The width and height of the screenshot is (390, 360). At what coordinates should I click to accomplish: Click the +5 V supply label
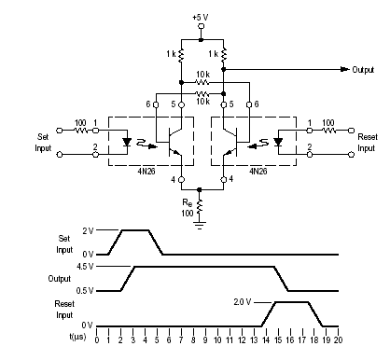[201, 17]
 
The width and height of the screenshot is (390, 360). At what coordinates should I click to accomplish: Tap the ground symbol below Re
[200, 225]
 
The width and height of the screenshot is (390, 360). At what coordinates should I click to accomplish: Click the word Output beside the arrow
[363, 70]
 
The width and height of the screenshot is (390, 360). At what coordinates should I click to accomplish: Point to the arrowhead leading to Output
[344, 69]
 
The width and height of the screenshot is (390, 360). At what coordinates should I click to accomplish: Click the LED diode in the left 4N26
[127, 142]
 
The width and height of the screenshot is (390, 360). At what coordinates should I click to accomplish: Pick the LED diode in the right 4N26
[278, 142]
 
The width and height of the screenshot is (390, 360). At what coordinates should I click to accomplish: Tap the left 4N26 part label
[146, 172]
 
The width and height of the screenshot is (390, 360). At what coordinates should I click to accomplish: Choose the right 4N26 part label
[258, 172]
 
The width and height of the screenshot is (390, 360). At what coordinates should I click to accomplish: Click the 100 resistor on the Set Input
[81, 131]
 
